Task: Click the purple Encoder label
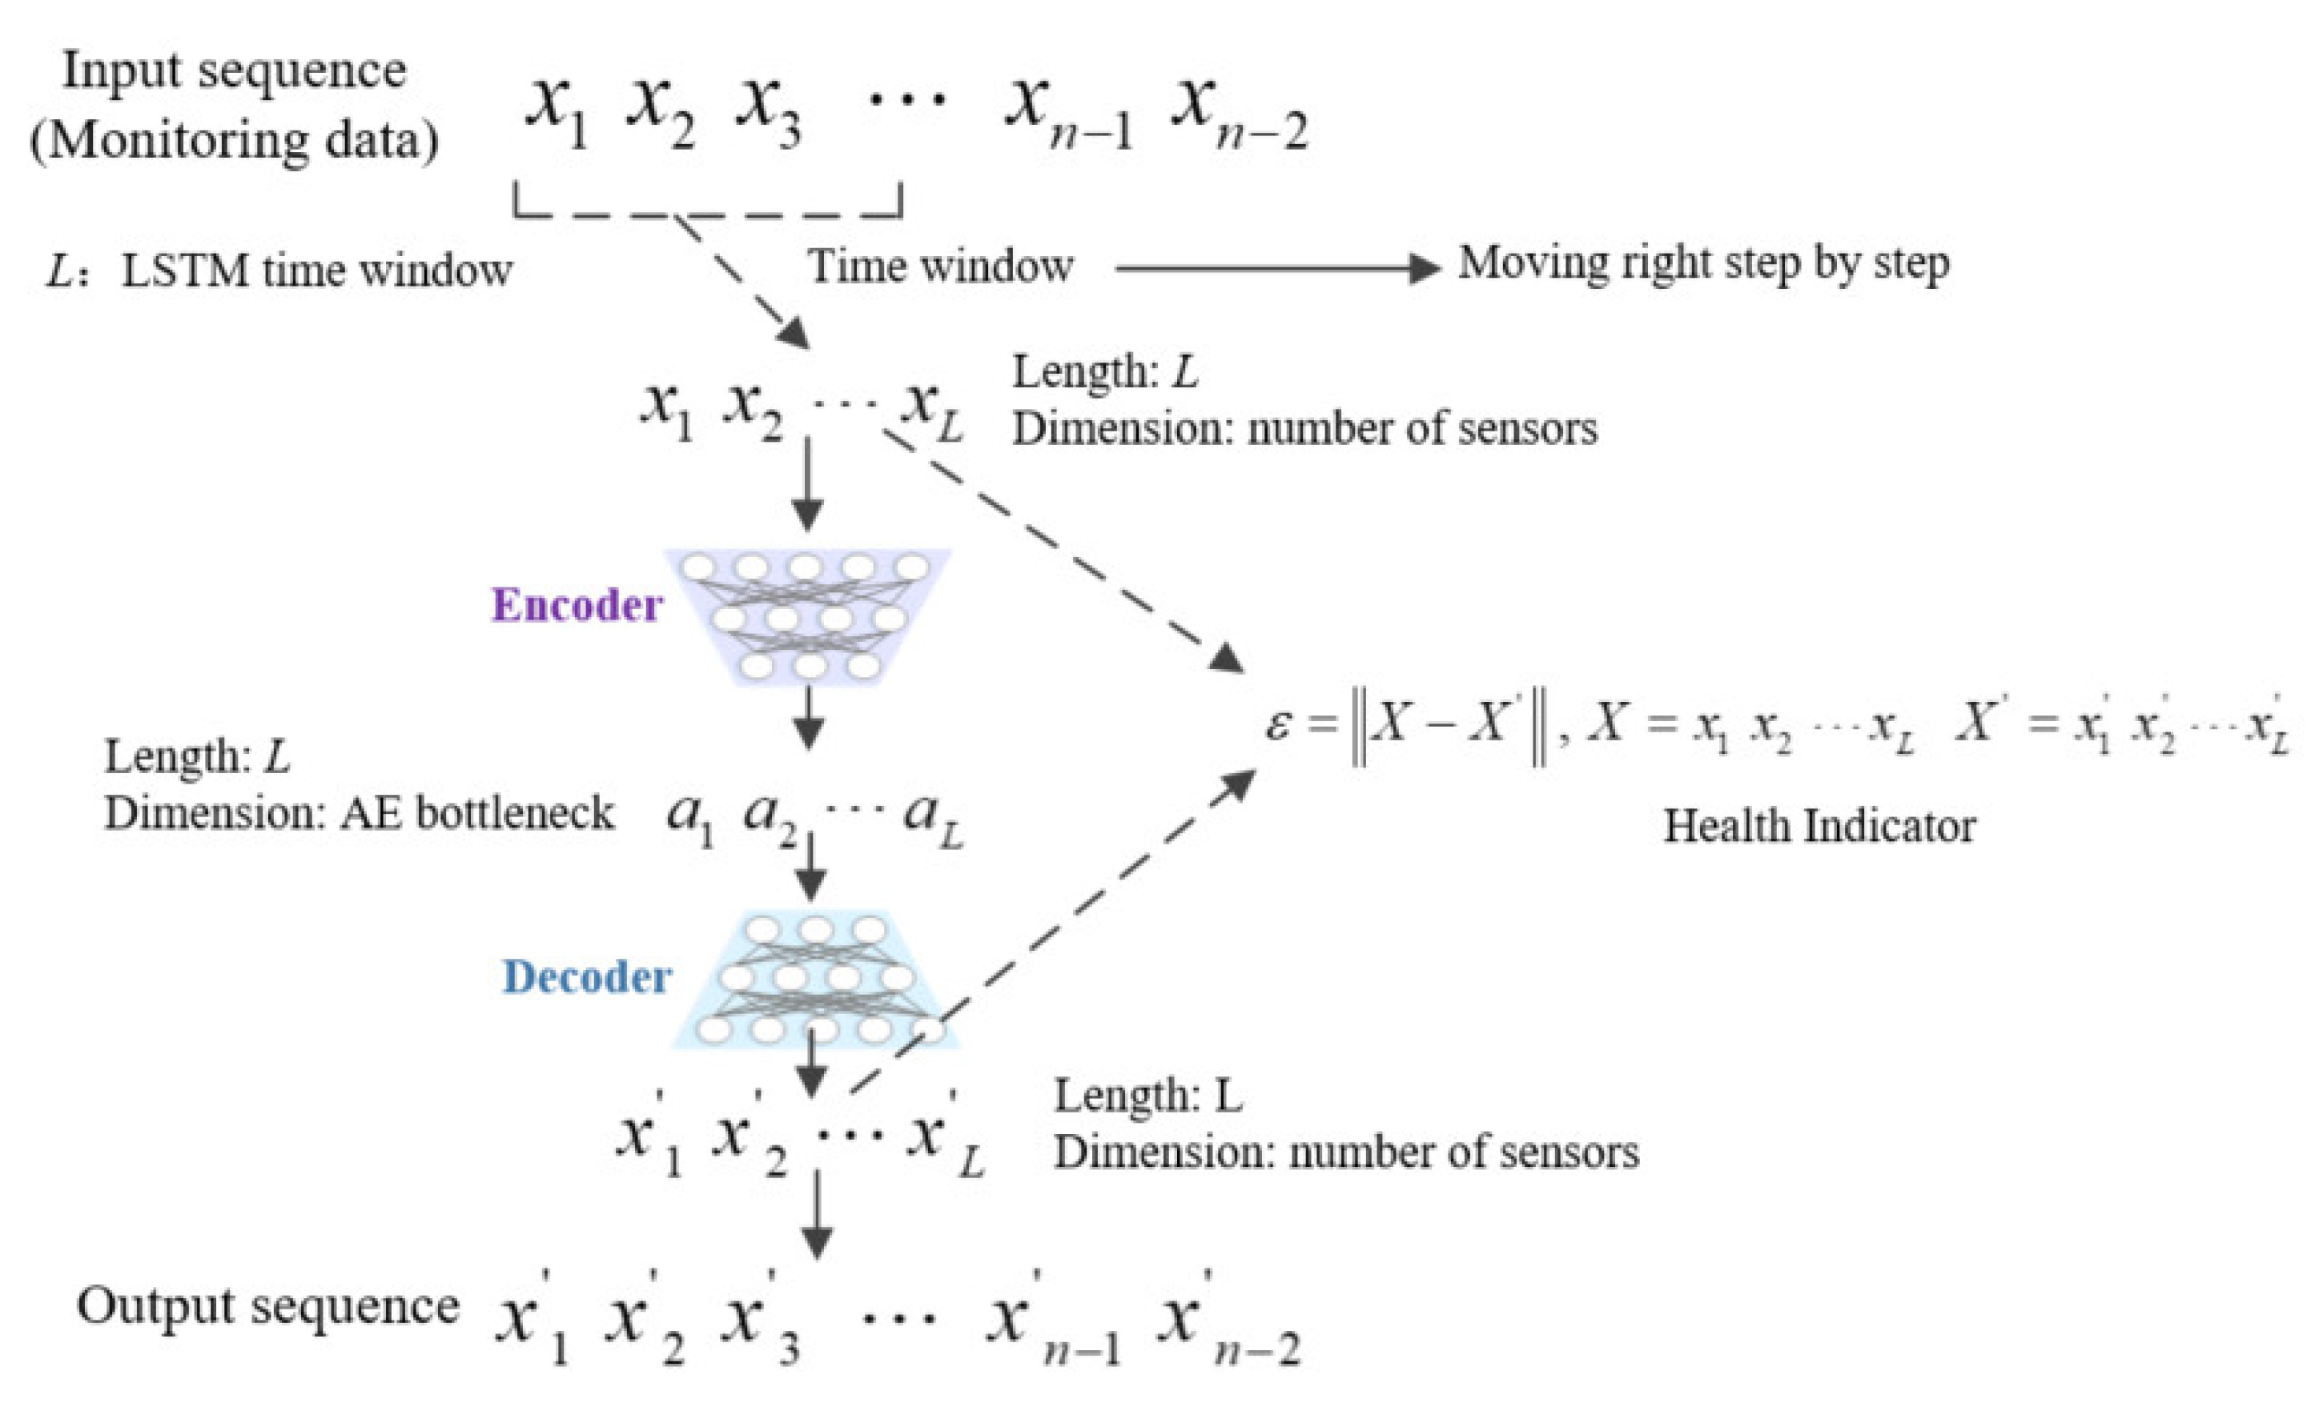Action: pyautogui.click(x=577, y=605)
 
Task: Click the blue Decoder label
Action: pyautogui.click(x=587, y=977)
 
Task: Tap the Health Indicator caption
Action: pyautogui.click(x=1819, y=827)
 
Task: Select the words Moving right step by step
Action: pyautogui.click(x=1703, y=263)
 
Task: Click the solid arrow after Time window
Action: pyautogui.click(x=1276, y=269)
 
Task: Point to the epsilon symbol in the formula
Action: pyautogui.click(x=1276, y=725)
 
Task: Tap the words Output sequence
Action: pyautogui.click(x=267, y=1306)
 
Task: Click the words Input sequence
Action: pyautogui.click(x=235, y=71)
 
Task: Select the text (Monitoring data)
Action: pyautogui.click(x=235, y=141)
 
